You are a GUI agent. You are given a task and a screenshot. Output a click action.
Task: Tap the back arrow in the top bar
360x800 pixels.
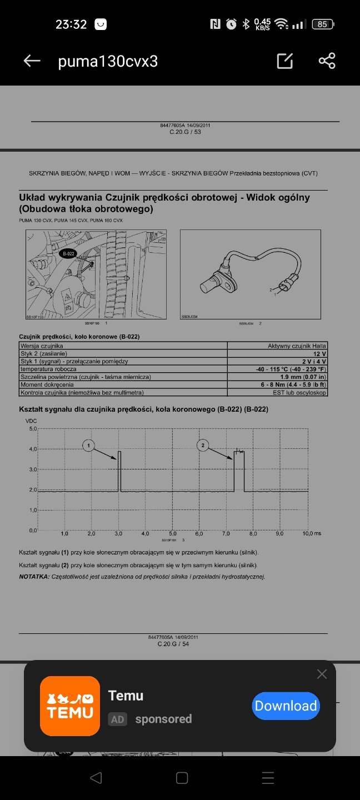pyautogui.click(x=32, y=61)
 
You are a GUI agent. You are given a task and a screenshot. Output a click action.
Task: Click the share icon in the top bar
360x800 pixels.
pyautogui.click(x=327, y=61)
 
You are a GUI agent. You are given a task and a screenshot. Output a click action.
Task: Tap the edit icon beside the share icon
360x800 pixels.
pyautogui.click(x=285, y=61)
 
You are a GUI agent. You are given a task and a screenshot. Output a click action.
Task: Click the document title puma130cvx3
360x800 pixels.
pyautogui.click(x=108, y=61)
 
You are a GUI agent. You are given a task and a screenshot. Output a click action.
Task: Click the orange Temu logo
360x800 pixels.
pyautogui.click(x=70, y=706)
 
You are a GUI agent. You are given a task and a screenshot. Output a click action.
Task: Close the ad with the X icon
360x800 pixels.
pyautogui.click(x=322, y=674)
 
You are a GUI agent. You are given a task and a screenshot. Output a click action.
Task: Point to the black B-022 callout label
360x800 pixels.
pyautogui.click(x=68, y=253)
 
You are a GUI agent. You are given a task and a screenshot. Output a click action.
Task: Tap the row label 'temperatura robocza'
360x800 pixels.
pyautogui.click(x=48, y=369)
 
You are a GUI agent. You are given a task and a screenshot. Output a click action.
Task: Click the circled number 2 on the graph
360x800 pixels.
pyautogui.click(x=203, y=444)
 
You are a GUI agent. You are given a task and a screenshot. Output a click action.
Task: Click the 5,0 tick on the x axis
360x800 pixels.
pyautogui.click(x=173, y=534)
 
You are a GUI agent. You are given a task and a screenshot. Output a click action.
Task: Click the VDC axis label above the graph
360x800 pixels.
pyautogui.click(x=32, y=421)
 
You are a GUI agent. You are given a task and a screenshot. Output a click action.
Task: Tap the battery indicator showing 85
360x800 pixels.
pyautogui.click(x=322, y=24)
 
